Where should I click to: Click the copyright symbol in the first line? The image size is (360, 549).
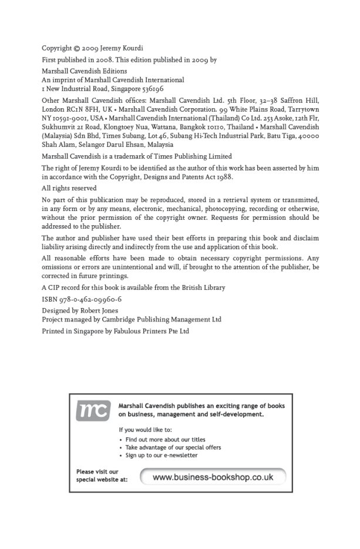(75, 48)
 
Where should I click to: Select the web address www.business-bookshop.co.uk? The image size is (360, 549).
(213, 477)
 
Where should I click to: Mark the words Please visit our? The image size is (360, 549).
(97, 471)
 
